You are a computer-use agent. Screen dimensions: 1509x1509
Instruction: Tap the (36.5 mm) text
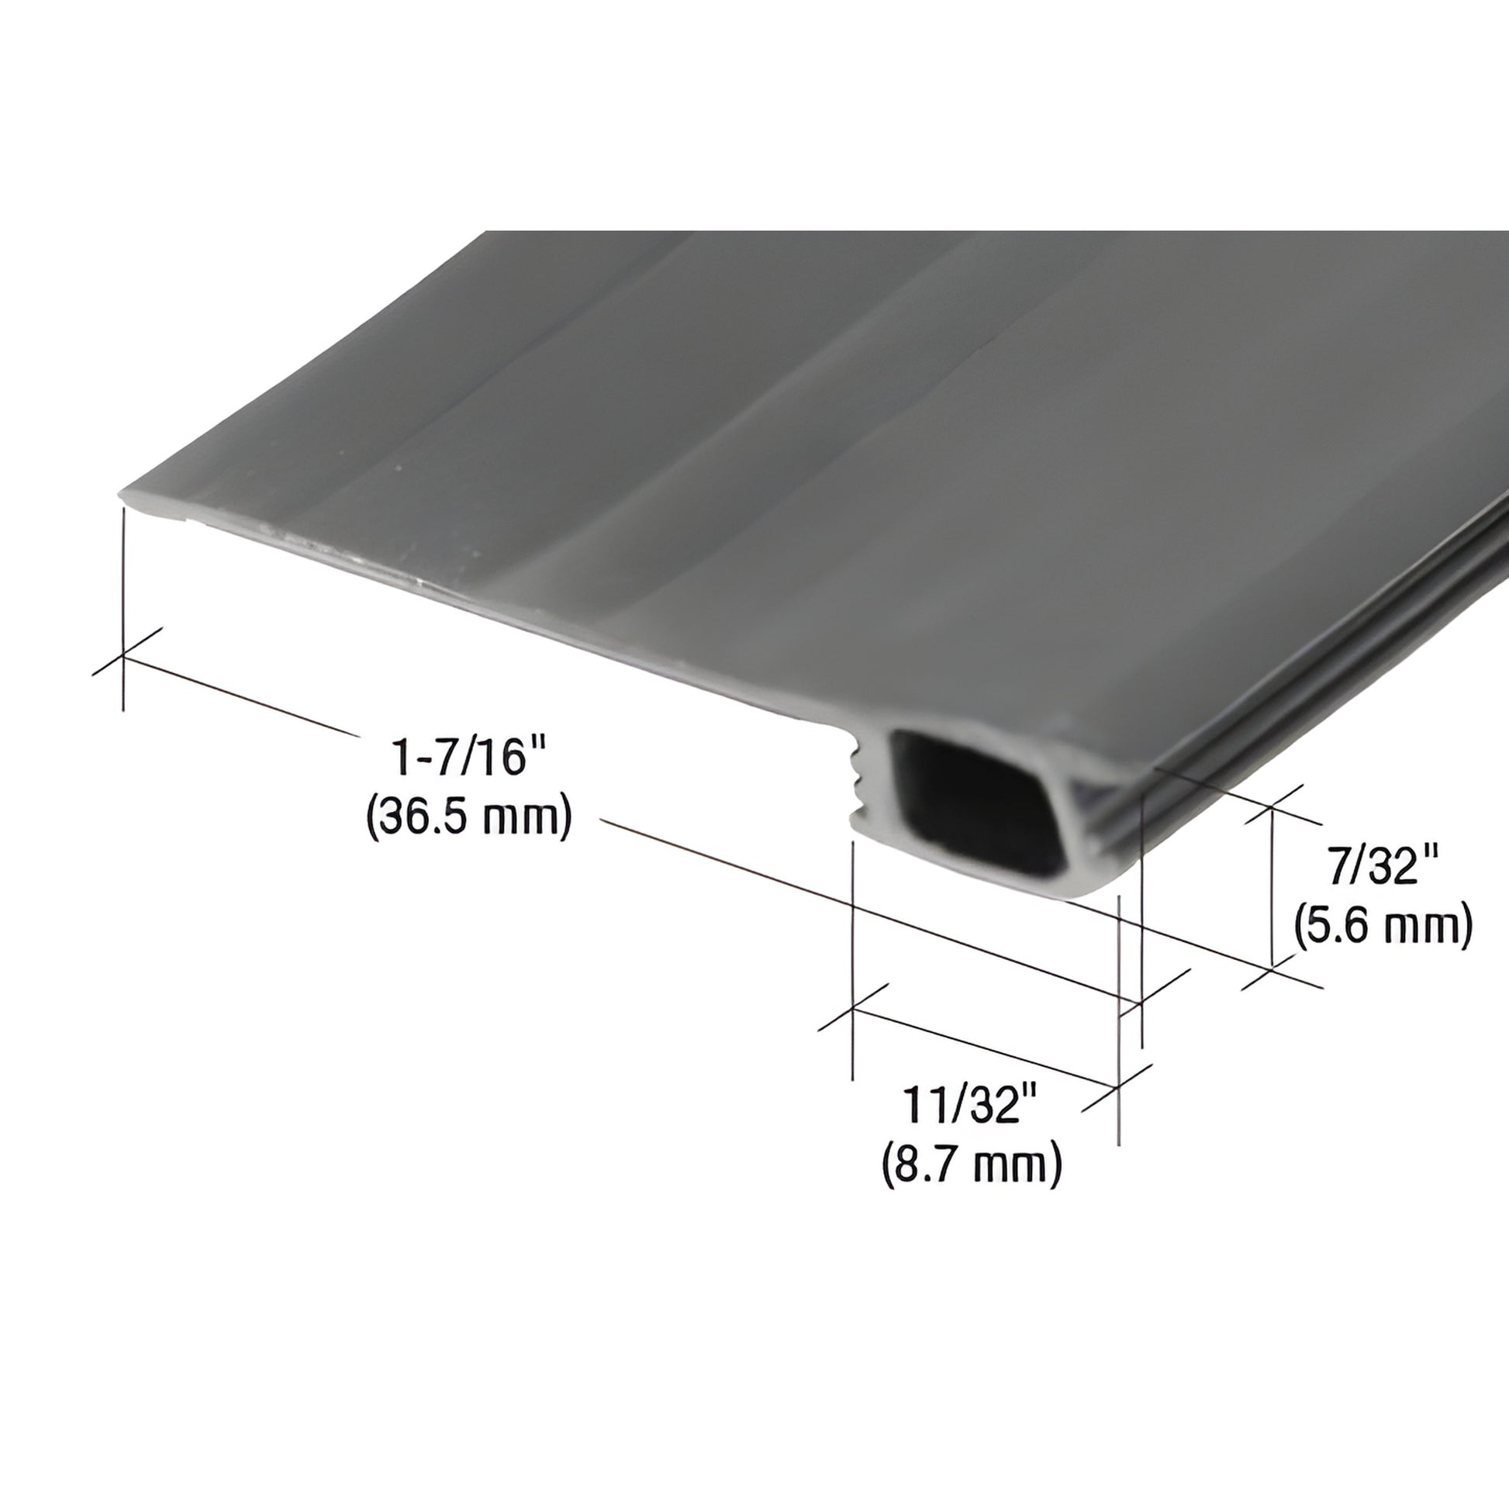[x=469, y=817]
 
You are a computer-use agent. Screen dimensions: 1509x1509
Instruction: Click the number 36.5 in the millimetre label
[x=433, y=817]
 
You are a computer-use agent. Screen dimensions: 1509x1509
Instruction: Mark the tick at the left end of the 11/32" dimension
[x=853, y=1007]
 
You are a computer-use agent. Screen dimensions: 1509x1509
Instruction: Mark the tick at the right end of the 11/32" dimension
[x=1119, y=1086]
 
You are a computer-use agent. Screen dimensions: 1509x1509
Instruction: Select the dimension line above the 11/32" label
[x=984, y=1046]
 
